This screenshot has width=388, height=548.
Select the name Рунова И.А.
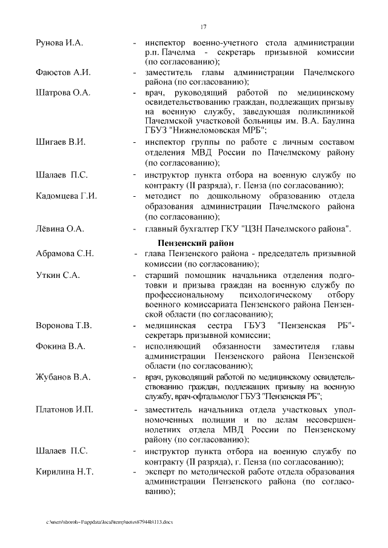[x=60, y=43]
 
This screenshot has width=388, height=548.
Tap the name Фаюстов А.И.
[x=64, y=73]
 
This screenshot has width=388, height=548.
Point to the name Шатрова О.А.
[x=64, y=93]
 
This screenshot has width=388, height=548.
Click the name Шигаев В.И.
[x=61, y=142]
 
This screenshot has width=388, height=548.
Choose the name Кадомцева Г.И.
[x=67, y=196]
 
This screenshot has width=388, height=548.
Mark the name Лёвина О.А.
[x=59, y=229]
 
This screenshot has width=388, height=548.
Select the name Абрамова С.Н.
[x=65, y=253]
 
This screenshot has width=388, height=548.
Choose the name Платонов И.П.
[x=65, y=411]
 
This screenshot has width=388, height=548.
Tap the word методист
[x=164, y=196]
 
